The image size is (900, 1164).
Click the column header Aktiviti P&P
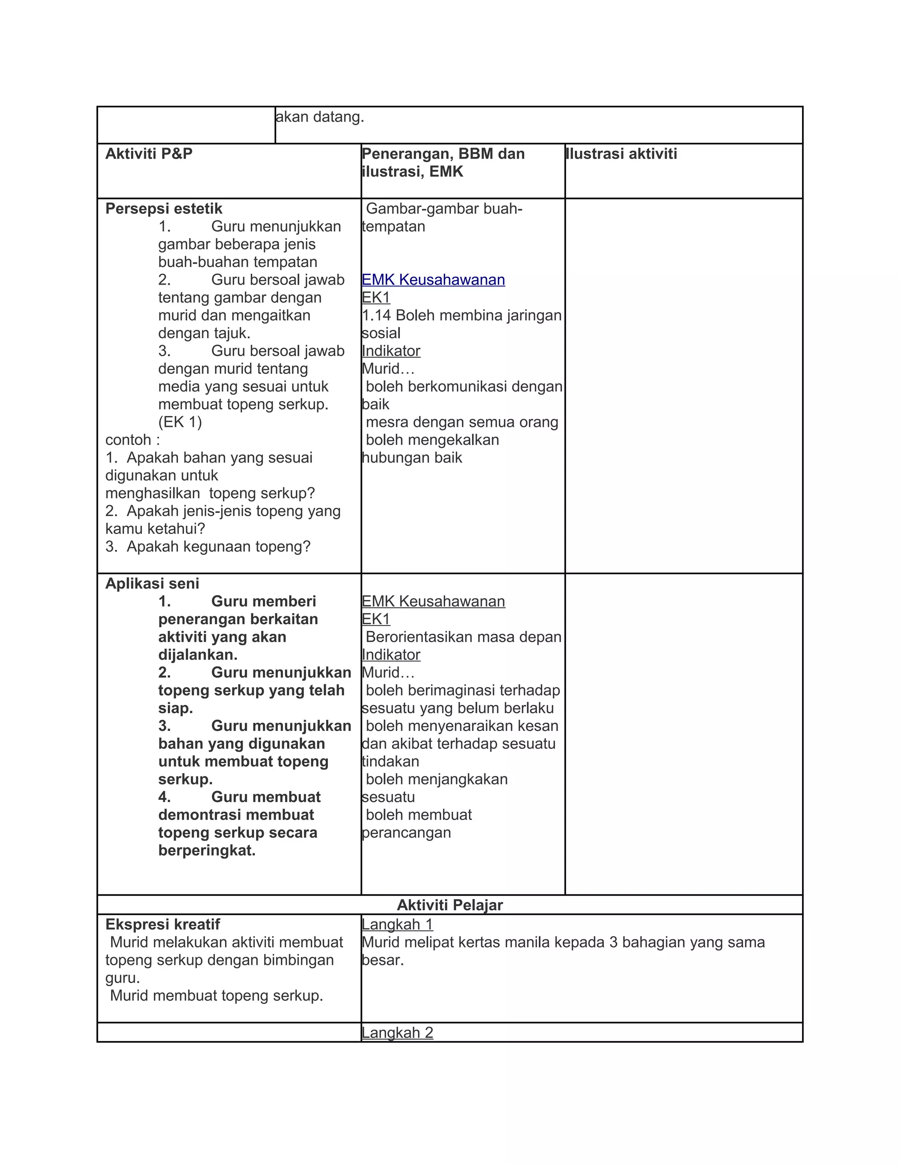(149, 154)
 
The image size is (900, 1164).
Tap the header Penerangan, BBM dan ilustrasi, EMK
(443, 163)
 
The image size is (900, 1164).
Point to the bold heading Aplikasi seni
(152, 584)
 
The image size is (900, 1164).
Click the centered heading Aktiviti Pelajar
(450, 905)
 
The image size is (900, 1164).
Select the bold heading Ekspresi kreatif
(163, 925)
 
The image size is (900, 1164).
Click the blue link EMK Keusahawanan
(433, 280)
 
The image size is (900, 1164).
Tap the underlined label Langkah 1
(397, 925)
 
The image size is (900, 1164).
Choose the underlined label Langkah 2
(397, 1033)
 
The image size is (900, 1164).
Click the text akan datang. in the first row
(320, 117)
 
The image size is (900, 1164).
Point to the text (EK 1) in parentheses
(180, 422)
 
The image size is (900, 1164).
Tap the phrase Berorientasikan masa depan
(463, 637)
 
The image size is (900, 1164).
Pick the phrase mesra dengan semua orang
(462, 422)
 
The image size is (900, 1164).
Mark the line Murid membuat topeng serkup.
(217, 996)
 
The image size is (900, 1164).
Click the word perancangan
(406, 832)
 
